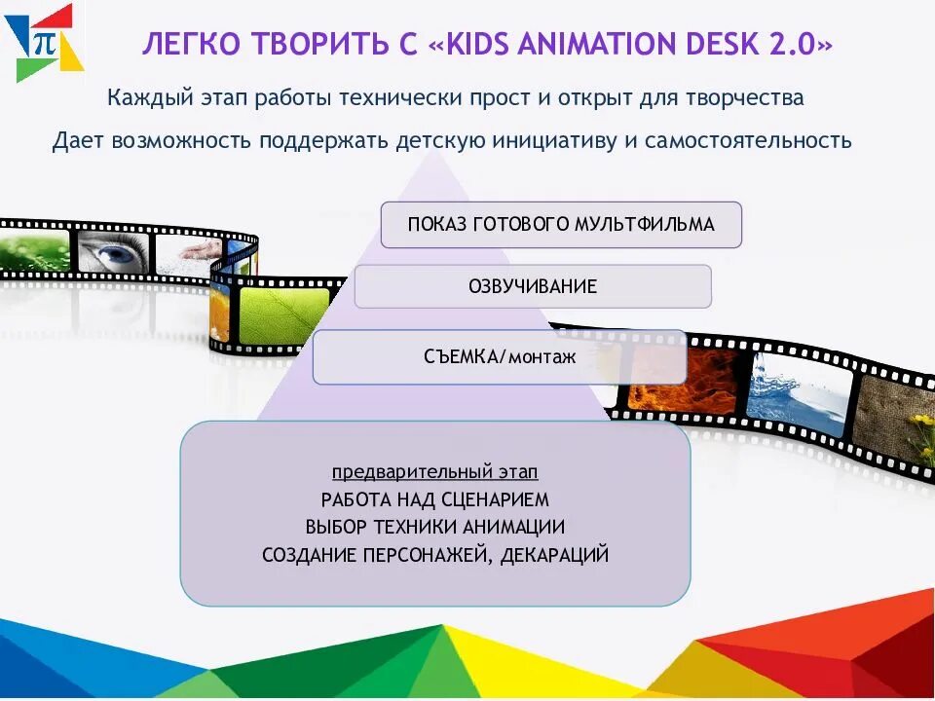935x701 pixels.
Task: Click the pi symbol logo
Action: [44, 43]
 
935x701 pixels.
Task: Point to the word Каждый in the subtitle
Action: [143, 98]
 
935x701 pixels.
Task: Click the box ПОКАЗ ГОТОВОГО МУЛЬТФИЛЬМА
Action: [561, 225]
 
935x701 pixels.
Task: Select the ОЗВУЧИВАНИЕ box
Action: [533, 286]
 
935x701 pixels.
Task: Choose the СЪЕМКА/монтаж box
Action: [500, 357]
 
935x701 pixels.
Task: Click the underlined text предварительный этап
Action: [434, 472]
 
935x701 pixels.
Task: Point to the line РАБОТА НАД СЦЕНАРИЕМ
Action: [434, 500]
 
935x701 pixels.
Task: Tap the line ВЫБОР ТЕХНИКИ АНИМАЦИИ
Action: [434, 528]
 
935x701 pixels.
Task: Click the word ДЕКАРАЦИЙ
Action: [556, 556]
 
